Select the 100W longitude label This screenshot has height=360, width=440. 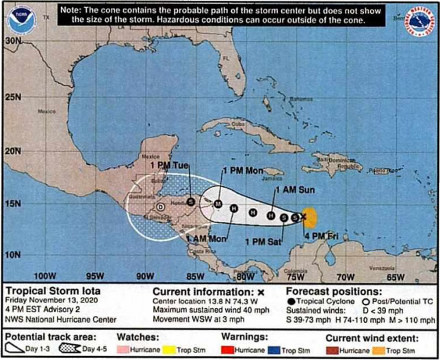(44, 276)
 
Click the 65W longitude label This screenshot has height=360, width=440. (396, 276)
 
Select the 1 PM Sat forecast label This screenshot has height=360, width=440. (261, 241)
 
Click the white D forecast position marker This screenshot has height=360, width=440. (160, 206)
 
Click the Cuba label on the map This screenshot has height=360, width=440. (237, 124)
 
